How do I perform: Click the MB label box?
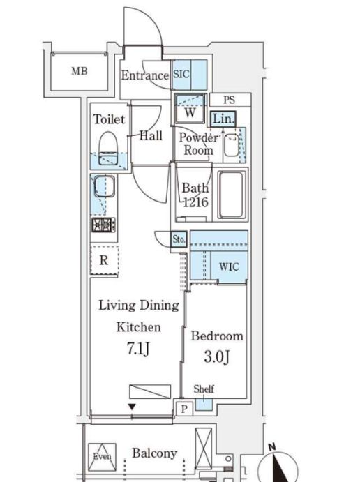tap(79, 71)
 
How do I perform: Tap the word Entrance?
tap(144, 75)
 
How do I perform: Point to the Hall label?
tap(151, 136)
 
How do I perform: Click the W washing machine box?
tap(189, 111)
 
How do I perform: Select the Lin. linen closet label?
tap(223, 119)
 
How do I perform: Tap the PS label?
tap(230, 100)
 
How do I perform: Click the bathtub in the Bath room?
tap(231, 195)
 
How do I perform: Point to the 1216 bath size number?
tap(196, 202)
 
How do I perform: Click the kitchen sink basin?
tap(103, 187)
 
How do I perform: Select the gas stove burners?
tap(103, 225)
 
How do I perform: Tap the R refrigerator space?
tap(104, 261)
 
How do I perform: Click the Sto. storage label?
tap(179, 239)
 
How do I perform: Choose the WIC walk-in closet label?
tap(229, 266)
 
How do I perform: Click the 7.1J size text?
tap(138, 348)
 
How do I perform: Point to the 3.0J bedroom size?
tap(218, 359)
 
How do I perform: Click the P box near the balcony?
tap(183, 409)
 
